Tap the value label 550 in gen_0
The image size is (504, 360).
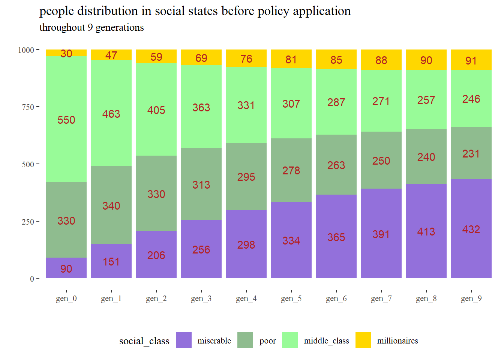tap(66, 120)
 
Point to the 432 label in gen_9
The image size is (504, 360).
tap(471, 229)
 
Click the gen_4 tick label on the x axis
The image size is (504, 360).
tap(246, 298)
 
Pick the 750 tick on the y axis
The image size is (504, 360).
tap(28, 107)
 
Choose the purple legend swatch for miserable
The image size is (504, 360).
tap(184, 340)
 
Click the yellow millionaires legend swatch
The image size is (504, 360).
tap(363, 340)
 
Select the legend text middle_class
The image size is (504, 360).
tap(326, 341)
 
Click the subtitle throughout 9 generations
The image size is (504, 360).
tap(91, 28)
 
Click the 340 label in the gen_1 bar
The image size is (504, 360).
tap(111, 206)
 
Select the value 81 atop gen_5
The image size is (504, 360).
tap(291, 60)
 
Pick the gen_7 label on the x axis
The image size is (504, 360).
tap(381, 298)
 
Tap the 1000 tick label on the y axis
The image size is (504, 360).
tap(26, 50)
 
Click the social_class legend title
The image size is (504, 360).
tap(144, 341)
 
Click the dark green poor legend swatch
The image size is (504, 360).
tap(245, 340)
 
